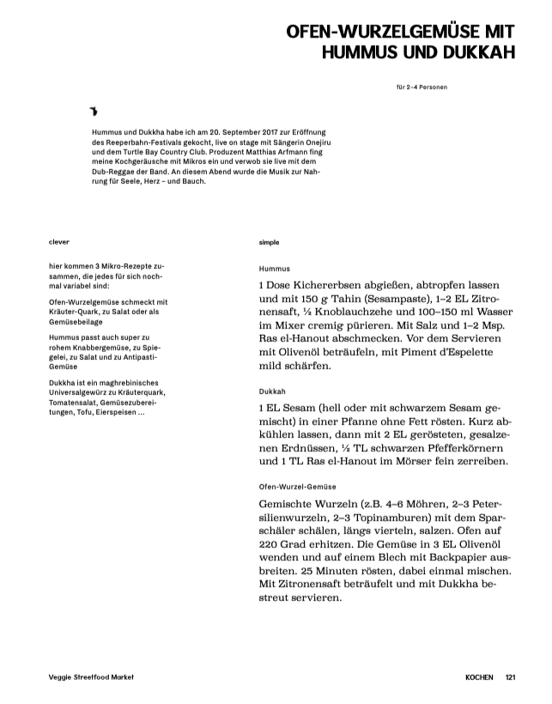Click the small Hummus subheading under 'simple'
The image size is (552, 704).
275,269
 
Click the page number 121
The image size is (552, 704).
512,677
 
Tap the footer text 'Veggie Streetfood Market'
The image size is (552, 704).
94,677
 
